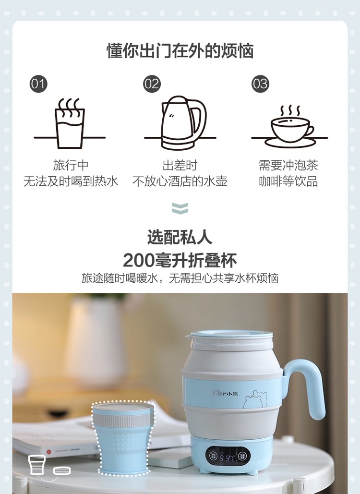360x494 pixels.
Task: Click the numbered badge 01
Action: pos(38,84)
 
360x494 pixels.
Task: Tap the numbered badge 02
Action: pos(152,84)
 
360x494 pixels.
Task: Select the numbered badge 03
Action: pos(260,84)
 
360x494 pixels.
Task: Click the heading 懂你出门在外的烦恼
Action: pos(180,50)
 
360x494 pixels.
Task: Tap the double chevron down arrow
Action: pos(180,208)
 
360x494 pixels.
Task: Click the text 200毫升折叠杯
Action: pos(180,260)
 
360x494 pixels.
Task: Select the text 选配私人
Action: pos(180,237)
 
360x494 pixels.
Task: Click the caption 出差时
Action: pos(180,165)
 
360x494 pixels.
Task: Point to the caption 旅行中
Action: pos(71,165)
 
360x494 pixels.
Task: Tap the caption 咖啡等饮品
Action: pos(288,181)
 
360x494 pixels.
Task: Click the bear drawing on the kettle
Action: pos(255,399)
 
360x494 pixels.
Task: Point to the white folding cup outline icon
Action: pos(37,465)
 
